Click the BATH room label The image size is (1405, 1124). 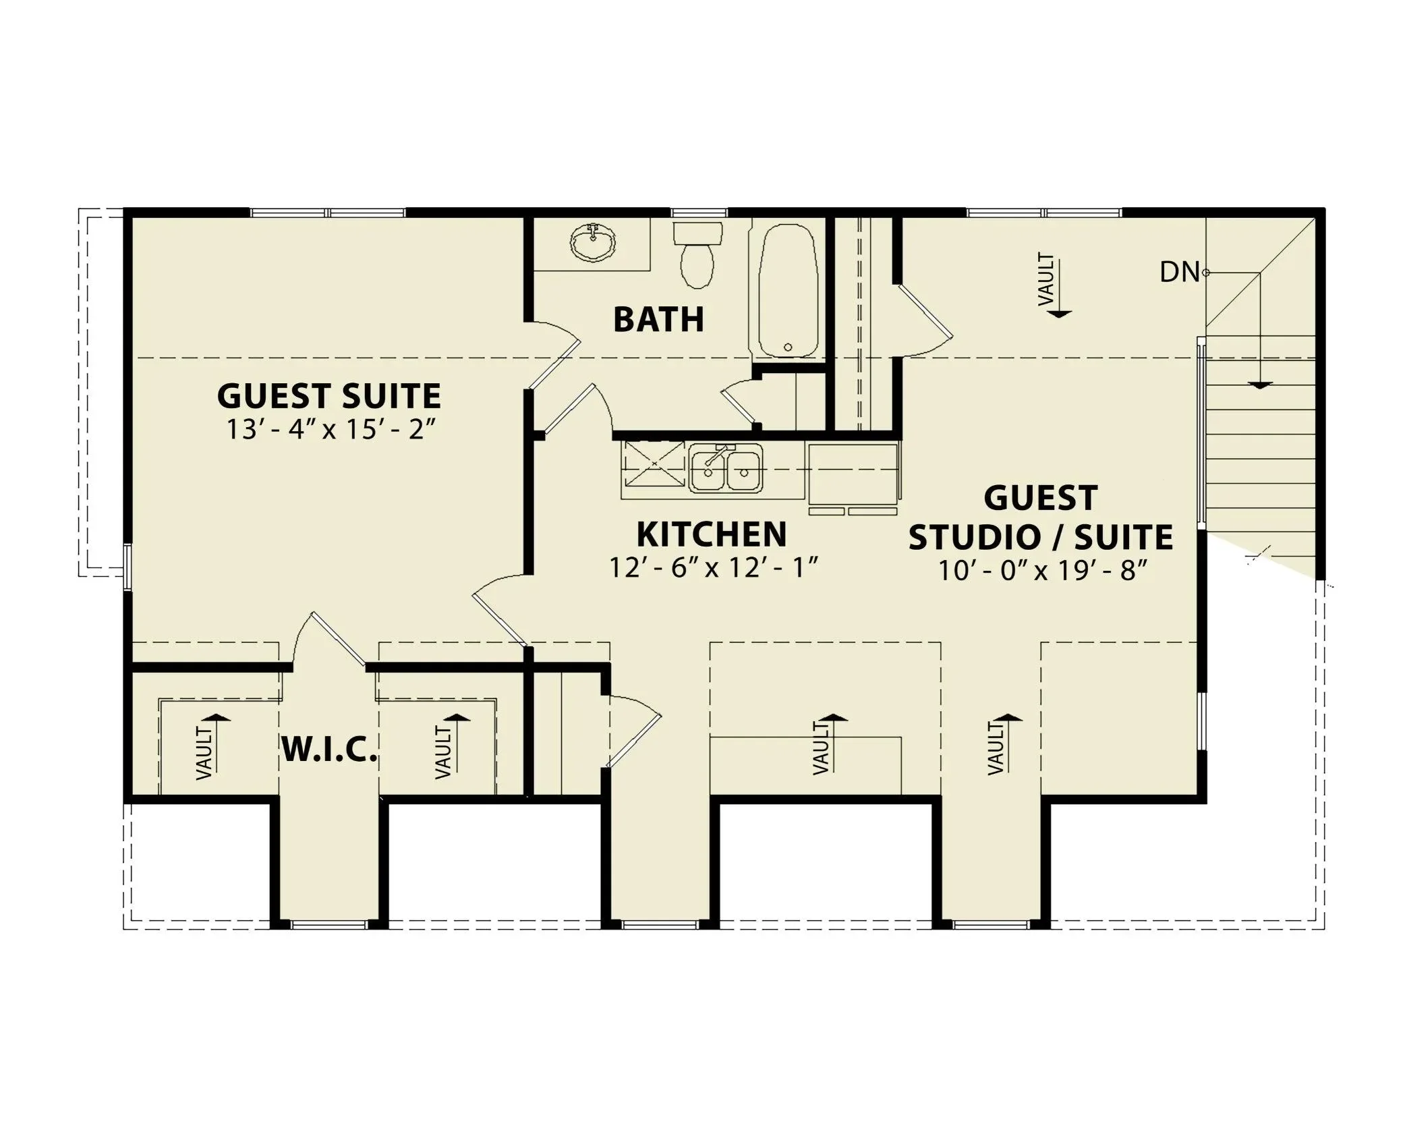coord(658,319)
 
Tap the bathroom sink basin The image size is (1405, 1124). coord(593,242)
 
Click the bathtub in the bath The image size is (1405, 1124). coord(787,290)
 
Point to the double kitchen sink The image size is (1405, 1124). coord(725,468)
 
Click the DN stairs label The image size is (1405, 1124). coord(1180,273)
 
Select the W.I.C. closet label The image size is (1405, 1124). coord(328,750)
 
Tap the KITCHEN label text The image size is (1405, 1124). coord(712,534)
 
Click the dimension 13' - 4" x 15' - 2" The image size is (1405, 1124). coord(328,430)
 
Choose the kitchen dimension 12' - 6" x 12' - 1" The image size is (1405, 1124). coord(714,567)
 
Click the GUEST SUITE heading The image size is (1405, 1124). coord(329,396)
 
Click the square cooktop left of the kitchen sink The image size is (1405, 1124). coord(653,463)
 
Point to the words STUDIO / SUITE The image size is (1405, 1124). coord(1041,538)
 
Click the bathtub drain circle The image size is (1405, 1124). coord(787,347)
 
